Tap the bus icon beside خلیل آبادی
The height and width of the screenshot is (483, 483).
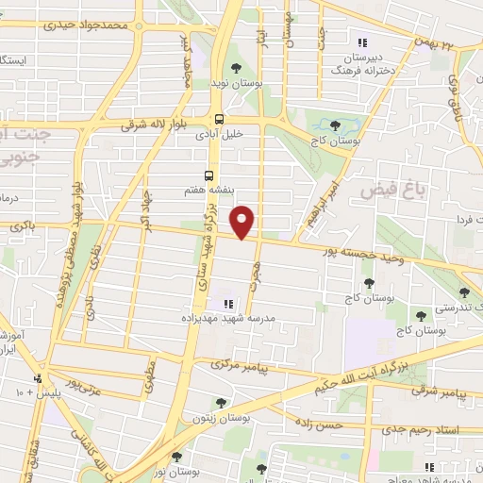(x=220, y=119)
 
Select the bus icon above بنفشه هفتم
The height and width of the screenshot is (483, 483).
(x=209, y=175)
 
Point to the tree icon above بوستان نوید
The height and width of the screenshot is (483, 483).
(x=236, y=67)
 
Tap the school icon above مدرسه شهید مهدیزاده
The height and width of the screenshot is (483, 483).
(x=226, y=304)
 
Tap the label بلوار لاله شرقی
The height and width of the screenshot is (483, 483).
(x=161, y=124)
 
